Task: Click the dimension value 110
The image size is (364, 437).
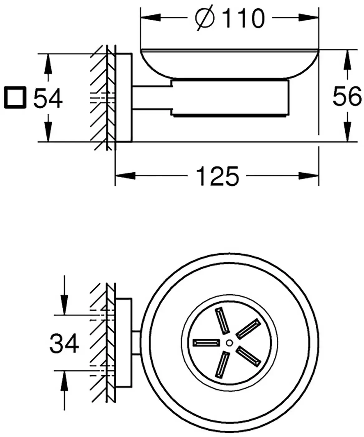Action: (x=243, y=18)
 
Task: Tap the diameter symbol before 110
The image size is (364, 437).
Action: (x=204, y=18)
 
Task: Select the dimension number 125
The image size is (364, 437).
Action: (x=217, y=176)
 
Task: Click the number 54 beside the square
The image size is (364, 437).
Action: (x=48, y=98)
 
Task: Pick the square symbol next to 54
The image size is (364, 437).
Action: (x=15, y=97)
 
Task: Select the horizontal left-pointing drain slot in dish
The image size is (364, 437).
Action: (x=206, y=343)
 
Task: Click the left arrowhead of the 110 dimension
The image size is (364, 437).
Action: (x=151, y=17)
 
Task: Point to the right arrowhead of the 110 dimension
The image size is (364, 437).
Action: (x=308, y=17)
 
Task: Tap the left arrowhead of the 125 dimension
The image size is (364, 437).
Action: (x=125, y=176)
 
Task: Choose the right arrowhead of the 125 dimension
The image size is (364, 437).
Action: (x=308, y=176)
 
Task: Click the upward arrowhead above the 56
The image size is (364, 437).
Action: (x=347, y=60)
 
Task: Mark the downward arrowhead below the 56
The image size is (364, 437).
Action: (x=347, y=132)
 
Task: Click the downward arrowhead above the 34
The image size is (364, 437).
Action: (x=65, y=305)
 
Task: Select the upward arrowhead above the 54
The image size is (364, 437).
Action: (x=48, y=64)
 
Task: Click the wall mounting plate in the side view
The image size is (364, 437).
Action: (x=123, y=98)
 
